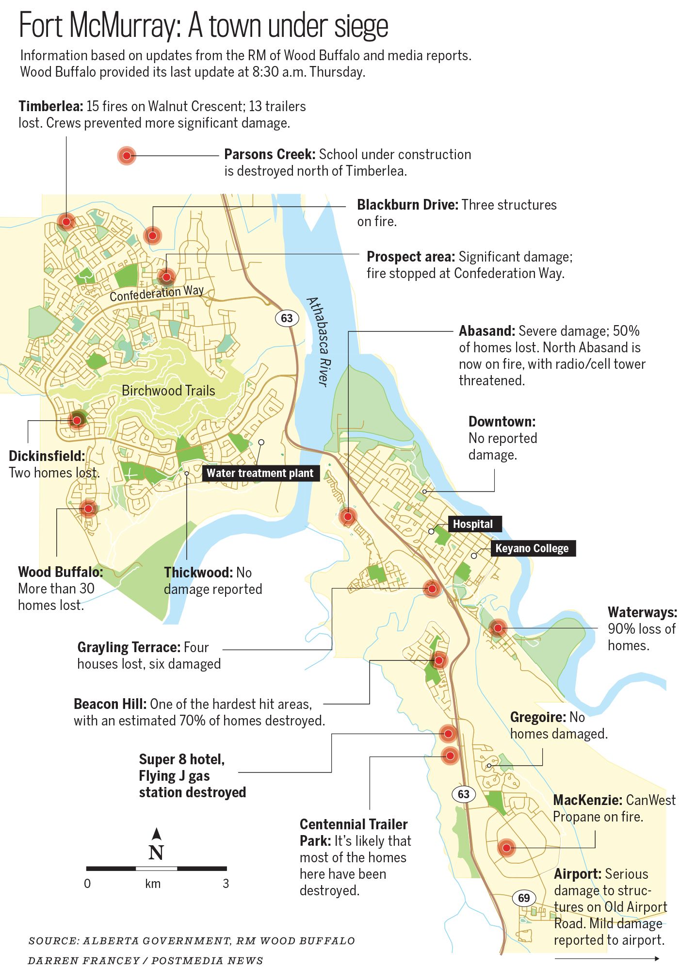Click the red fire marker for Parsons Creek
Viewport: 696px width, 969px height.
(127, 156)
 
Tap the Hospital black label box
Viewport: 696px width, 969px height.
(472, 524)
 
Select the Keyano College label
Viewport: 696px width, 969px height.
(532, 548)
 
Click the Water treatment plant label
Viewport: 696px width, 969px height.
(260, 473)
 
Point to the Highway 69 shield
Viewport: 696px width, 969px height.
(524, 898)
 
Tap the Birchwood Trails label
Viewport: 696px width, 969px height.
(168, 391)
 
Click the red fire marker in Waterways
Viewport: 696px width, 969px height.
(498, 628)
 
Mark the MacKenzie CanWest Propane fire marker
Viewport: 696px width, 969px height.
(506, 848)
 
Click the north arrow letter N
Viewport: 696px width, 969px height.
(156, 853)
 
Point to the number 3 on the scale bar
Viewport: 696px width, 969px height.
(226, 884)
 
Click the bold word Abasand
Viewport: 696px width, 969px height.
(486, 331)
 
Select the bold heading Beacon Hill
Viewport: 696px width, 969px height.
(110, 704)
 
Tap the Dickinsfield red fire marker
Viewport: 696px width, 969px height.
(77, 420)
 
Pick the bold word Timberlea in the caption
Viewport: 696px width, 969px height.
(51, 106)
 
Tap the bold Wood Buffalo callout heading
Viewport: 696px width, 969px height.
(61, 572)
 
